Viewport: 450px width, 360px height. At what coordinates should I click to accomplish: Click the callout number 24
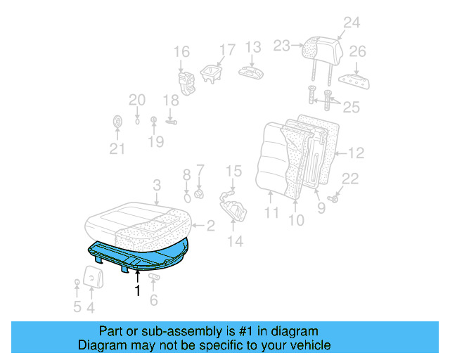(x=351, y=22)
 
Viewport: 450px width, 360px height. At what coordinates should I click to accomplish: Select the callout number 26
(x=358, y=52)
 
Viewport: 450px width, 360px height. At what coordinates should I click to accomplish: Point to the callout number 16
(x=181, y=52)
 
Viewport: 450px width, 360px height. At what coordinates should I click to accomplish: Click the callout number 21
(x=117, y=148)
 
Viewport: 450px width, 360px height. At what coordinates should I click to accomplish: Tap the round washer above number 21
(x=117, y=123)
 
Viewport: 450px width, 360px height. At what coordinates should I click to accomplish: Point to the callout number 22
(x=350, y=179)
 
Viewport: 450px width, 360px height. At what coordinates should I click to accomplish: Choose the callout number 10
(x=296, y=220)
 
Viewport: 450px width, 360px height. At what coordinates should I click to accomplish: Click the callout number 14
(x=234, y=242)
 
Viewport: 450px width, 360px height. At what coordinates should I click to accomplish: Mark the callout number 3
(x=157, y=185)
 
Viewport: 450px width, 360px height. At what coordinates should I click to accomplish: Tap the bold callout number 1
(x=138, y=289)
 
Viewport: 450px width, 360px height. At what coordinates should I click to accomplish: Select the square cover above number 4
(x=93, y=276)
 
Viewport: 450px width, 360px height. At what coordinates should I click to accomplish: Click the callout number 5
(x=77, y=307)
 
